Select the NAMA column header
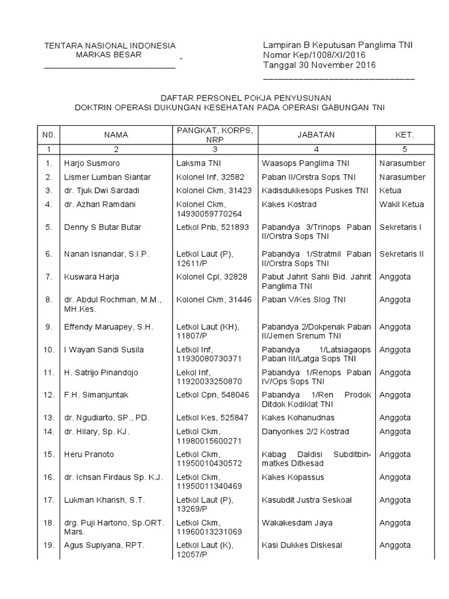click(116, 135)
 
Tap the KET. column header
click(405, 135)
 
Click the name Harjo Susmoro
click(92, 163)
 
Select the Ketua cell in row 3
click(391, 190)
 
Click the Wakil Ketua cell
click(402, 204)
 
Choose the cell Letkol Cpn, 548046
click(212, 395)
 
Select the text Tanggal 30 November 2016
click(319, 65)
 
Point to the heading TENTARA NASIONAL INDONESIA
click(110, 46)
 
